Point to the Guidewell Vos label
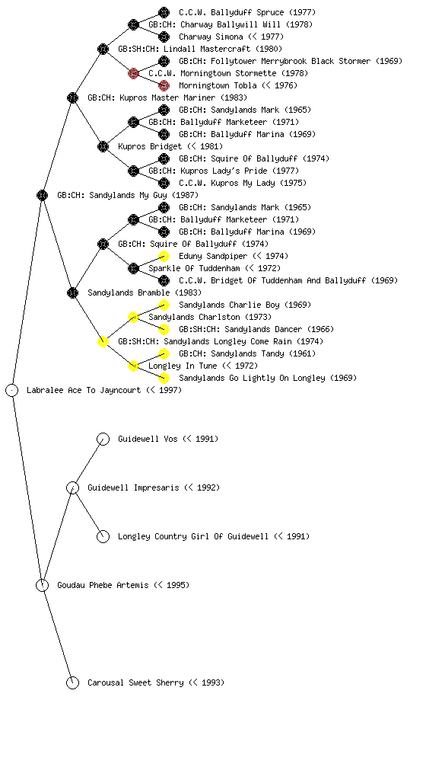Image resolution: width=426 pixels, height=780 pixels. [x=148, y=439]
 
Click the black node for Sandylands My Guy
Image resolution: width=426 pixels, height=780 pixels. [x=42, y=195]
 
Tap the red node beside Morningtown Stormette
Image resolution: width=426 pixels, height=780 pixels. [x=133, y=73]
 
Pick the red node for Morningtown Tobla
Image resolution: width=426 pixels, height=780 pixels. [x=164, y=85]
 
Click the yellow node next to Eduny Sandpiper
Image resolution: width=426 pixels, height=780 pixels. [x=164, y=256]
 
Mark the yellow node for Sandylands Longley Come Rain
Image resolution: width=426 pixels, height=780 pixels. [x=103, y=341]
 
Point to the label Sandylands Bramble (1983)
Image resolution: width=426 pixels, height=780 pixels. [x=145, y=292]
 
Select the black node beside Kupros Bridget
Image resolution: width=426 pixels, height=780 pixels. [x=103, y=146]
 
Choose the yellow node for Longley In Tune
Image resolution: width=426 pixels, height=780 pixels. [x=133, y=366]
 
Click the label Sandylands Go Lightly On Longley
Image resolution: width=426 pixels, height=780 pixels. [x=252, y=378]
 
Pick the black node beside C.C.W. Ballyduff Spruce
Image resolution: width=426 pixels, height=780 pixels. [x=164, y=12]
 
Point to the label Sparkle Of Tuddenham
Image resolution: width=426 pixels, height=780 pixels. [x=194, y=268]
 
